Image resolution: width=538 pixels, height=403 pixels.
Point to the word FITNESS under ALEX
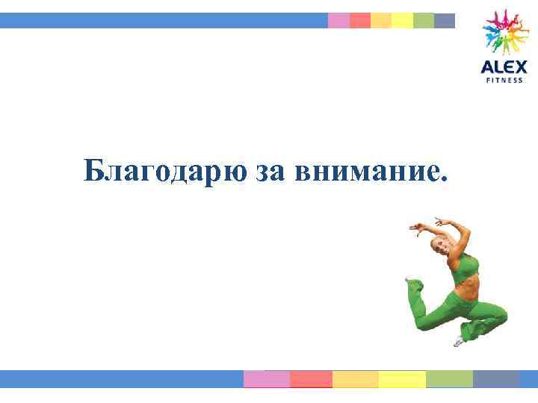[x=504, y=79]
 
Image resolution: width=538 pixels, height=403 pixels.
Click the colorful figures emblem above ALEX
[x=504, y=31]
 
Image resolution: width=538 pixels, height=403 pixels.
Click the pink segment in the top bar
[x=338, y=21]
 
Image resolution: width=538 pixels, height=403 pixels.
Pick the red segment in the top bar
[x=359, y=21]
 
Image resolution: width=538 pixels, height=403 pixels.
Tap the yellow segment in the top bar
[x=402, y=21]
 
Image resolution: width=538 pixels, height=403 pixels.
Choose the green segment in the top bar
[x=423, y=21]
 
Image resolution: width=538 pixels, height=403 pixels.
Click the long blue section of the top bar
[x=164, y=21]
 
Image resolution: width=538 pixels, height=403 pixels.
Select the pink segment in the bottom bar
[x=267, y=379]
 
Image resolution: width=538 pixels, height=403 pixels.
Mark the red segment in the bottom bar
[x=311, y=379]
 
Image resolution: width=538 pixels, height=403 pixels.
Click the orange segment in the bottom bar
[x=355, y=379]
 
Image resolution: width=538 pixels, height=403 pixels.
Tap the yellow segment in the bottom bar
[x=402, y=379]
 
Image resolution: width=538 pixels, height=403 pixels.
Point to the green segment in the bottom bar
[x=449, y=379]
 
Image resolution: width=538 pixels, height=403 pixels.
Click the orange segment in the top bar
[x=381, y=21]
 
